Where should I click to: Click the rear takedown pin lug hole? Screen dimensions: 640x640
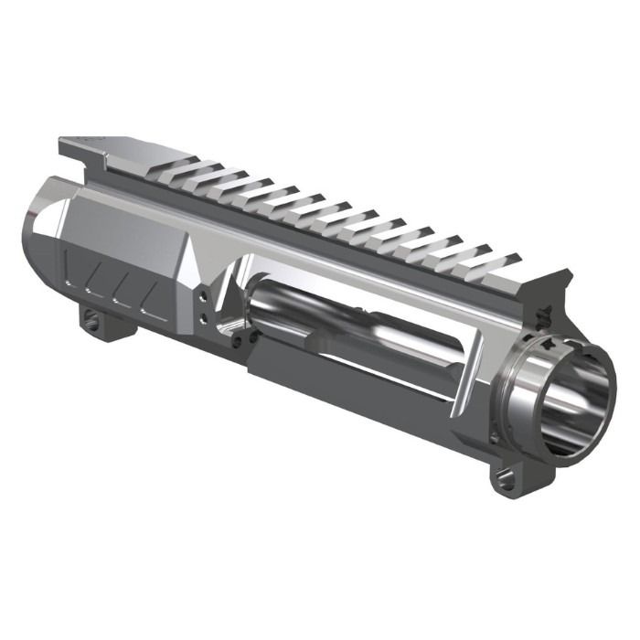coord(92,320)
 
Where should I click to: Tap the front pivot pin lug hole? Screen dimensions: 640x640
coord(503,476)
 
